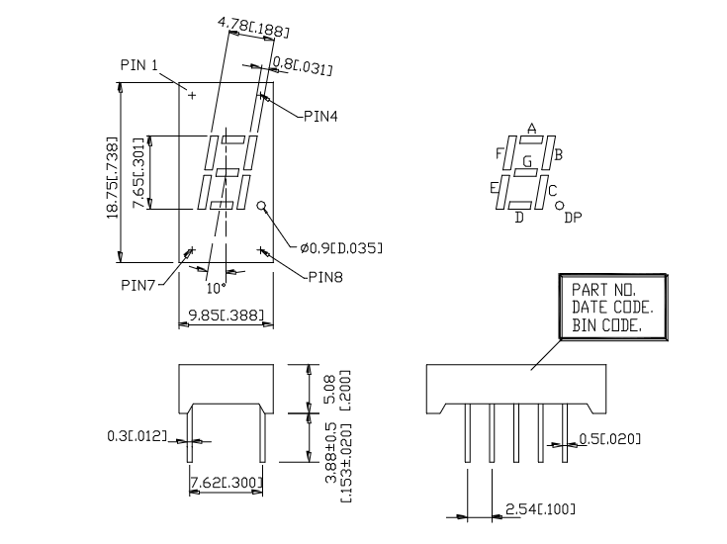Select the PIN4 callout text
(x=319, y=116)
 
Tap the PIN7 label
(x=139, y=285)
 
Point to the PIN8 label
(x=322, y=278)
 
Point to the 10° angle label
(x=216, y=289)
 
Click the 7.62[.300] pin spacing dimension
(x=225, y=483)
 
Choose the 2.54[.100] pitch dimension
(x=539, y=508)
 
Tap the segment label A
(x=531, y=130)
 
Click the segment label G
(x=527, y=160)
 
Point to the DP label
(x=573, y=218)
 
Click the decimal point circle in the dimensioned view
(x=263, y=207)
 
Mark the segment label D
(x=519, y=218)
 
